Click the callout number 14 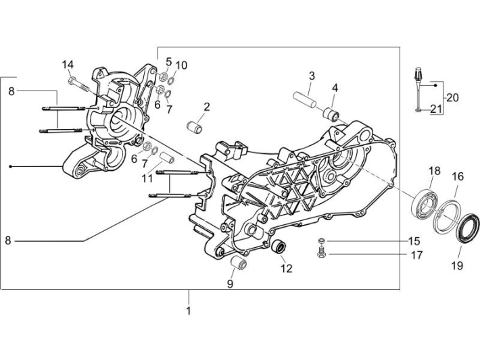[68, 64]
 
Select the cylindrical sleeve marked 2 [196, 126]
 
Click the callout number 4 [335, 88]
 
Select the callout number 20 [452, 97]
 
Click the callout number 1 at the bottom [189, 311]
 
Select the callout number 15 [414, 241]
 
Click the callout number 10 [181, 66]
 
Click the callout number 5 [168, 61]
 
